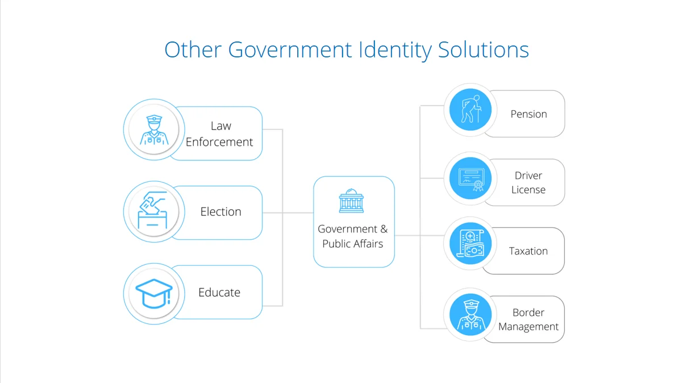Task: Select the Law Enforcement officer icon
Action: click(x=154, y=130)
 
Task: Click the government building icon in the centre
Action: click(x=352, y=201)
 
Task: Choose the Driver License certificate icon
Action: click(x=470, y=178)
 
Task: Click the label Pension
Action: click(x=528, y=114)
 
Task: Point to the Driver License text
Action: click(x=528, y=182)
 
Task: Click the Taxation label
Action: click(x=528, y=251)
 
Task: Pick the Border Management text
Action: click(x=528, y=319)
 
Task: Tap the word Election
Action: click(x=220, y=212)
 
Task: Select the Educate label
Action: click(x=219, y=293)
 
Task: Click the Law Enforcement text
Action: click(x=219, y=134)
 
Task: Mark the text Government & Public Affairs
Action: click(x=353, y=236)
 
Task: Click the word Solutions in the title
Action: click(x=484, y=50)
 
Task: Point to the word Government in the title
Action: click(x=290, y=50)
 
